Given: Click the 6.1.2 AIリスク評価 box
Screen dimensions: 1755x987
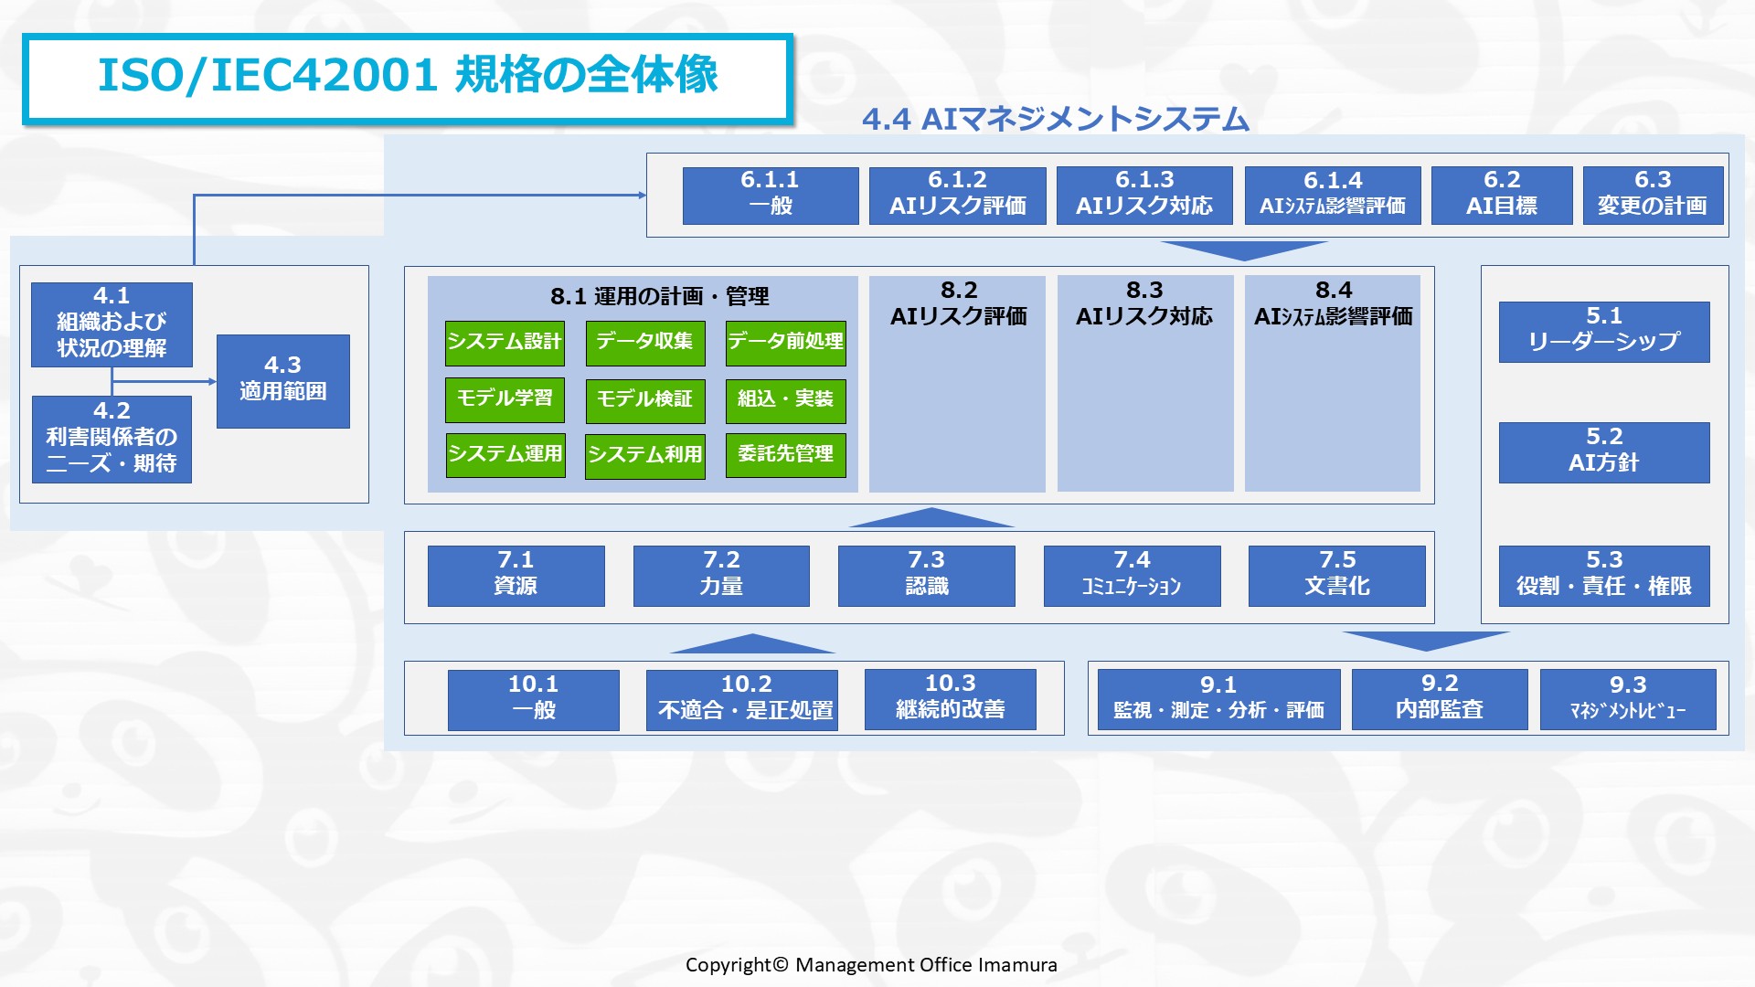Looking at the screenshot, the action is tap(957, 196).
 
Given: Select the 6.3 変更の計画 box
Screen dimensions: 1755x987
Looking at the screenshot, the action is tap(1653, 196).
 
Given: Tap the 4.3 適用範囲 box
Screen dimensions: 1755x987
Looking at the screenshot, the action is tap(283, 381).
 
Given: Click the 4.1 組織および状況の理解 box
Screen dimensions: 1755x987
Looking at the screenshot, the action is tap(112, 324).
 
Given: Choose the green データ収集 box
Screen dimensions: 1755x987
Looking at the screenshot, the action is tap(645, 343).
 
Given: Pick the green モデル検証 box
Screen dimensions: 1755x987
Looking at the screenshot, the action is tap(645, 400).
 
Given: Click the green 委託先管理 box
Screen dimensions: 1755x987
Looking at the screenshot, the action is tap(786, 455).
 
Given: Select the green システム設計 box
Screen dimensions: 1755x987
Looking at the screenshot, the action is tap(505, 343).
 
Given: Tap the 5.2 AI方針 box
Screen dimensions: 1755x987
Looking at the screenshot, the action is tap(1604, 452).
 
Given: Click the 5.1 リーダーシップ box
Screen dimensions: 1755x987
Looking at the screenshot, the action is tap(1604, 332).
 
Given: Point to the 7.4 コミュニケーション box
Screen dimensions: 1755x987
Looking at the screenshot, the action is tap(1132, 576).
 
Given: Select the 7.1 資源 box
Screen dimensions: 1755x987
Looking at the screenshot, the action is tap(516, 576).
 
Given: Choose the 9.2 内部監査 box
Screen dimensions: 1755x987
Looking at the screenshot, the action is tap(1440, 699).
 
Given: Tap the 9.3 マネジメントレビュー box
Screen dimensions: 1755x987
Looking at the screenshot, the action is tap(1628, 699).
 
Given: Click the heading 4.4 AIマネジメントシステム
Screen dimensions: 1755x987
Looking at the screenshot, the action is tap(1056, 120).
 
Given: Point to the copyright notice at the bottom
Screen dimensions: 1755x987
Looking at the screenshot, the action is tap(871, 965).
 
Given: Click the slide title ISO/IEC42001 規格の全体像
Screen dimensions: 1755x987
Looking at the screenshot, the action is tap(408, 76).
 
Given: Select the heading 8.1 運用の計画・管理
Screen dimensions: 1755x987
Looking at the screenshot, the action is tap(660, 296).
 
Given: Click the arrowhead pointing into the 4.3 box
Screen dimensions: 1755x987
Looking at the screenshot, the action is tap(212, 381).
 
